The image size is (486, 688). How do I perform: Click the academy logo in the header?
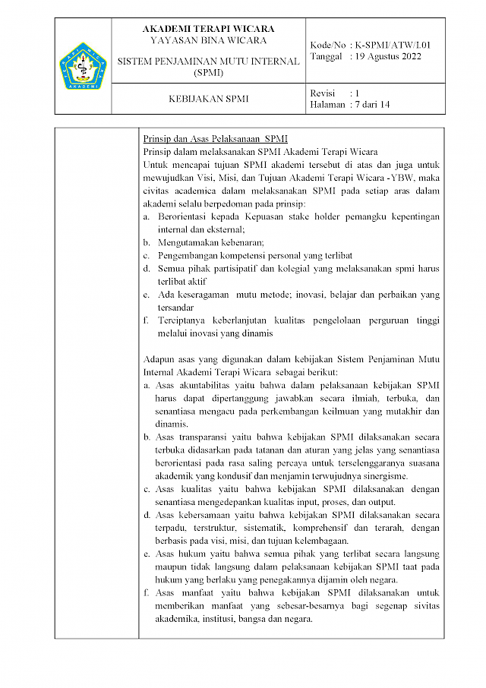(84, 66)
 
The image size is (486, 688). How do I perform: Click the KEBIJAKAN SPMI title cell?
(208, 99)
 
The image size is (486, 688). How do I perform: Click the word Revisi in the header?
(323, 93)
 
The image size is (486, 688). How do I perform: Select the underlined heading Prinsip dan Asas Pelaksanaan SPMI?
(216, 139)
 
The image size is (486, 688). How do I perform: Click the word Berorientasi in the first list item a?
(185, 216)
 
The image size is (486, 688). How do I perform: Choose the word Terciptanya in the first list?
(182, 320)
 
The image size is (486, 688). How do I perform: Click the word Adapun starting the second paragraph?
(159, 359)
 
